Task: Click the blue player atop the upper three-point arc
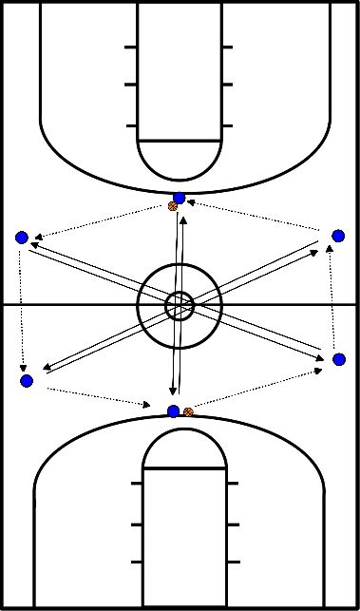coord(180,198)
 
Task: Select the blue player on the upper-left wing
coord(22,238)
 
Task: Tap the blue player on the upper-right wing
coord(338,236)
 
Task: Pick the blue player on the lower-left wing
coord(26,381)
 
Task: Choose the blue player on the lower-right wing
coord(339,359)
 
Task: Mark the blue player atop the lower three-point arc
coord(173,411)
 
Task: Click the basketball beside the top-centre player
coord(172,206)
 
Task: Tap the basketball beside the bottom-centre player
coord(188,411)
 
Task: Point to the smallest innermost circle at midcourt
coord(179,305)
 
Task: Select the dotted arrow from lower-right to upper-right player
coord(333,297)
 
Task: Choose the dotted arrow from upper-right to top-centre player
coord(256,213)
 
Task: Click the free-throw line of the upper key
coord(180,141)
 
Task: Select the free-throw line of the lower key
coord(184,469)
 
